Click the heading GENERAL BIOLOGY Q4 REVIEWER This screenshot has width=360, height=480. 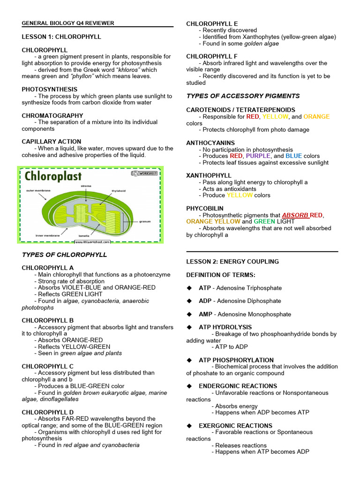[67, 23]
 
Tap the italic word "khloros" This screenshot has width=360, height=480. [117, 70]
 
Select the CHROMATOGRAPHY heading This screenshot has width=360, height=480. [52, 115]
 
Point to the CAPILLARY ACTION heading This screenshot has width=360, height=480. [51, 142]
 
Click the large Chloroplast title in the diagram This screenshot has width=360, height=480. [53, 177]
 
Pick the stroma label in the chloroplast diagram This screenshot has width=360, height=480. [86, 186]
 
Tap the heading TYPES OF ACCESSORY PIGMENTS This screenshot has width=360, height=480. [243, 96]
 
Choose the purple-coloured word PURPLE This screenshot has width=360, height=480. [258, 156]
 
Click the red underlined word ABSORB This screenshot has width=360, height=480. [295, 215]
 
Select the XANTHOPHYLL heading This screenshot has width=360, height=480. [209, 175]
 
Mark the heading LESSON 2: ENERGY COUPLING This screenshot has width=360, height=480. [232, 262]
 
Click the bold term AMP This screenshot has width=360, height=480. [205, 314]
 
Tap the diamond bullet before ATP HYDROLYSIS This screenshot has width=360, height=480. [190, 327]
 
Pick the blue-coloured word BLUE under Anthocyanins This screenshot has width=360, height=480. [293, 156]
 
